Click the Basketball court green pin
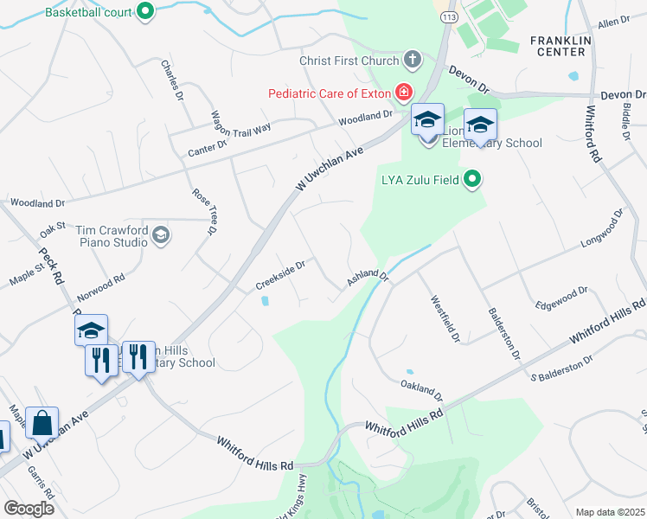145,11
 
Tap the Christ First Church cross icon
413,61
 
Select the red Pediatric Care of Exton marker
402,92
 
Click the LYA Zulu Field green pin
471,181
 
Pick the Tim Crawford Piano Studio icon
160,235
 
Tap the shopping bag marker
42,424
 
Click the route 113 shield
448,16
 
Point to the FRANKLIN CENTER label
560,46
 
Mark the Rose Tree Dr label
203,213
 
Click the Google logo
29,509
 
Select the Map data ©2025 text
610,512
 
